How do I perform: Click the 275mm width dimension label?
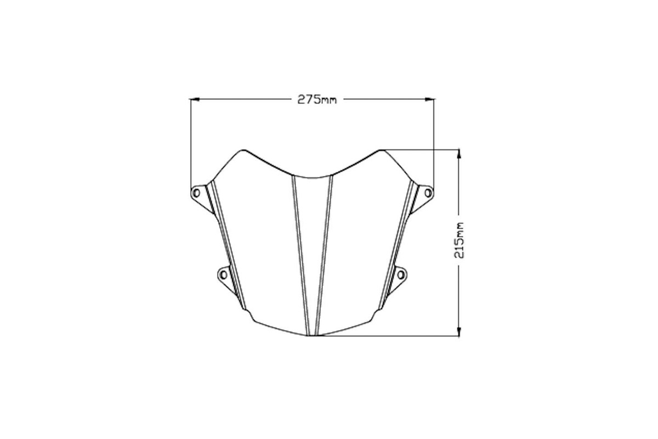[317, 99]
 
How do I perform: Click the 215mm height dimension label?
[459, 240]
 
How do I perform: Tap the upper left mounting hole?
[196, 193]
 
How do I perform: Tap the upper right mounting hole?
[428, 193]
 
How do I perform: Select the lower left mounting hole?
[224, 275]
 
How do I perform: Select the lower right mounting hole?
[401, 275]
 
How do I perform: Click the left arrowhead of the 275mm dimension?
[195, 99]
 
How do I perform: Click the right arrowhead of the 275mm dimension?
[429, 99]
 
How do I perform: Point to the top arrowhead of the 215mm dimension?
[459, 154]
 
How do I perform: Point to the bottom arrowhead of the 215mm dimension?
[459, 331]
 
